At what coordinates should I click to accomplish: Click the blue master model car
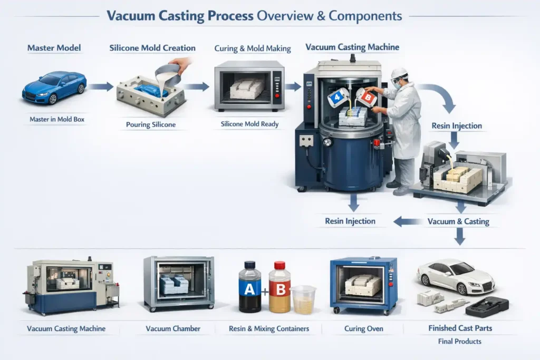54,87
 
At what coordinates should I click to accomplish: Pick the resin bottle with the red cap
279,287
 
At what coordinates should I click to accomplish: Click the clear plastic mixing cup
303,299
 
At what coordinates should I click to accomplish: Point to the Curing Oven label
363,329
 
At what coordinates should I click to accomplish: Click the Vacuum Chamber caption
173,329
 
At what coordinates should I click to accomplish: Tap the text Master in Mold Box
56,120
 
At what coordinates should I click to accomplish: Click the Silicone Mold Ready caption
249,125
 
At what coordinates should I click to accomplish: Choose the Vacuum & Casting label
458,221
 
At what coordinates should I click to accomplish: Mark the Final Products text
459,342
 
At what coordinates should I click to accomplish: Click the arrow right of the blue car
100,86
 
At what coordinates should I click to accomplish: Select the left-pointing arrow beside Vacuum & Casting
405,221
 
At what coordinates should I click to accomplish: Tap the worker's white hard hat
400,73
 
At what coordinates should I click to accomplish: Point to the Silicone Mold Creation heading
152,48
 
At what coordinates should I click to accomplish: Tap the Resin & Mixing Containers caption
269,329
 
